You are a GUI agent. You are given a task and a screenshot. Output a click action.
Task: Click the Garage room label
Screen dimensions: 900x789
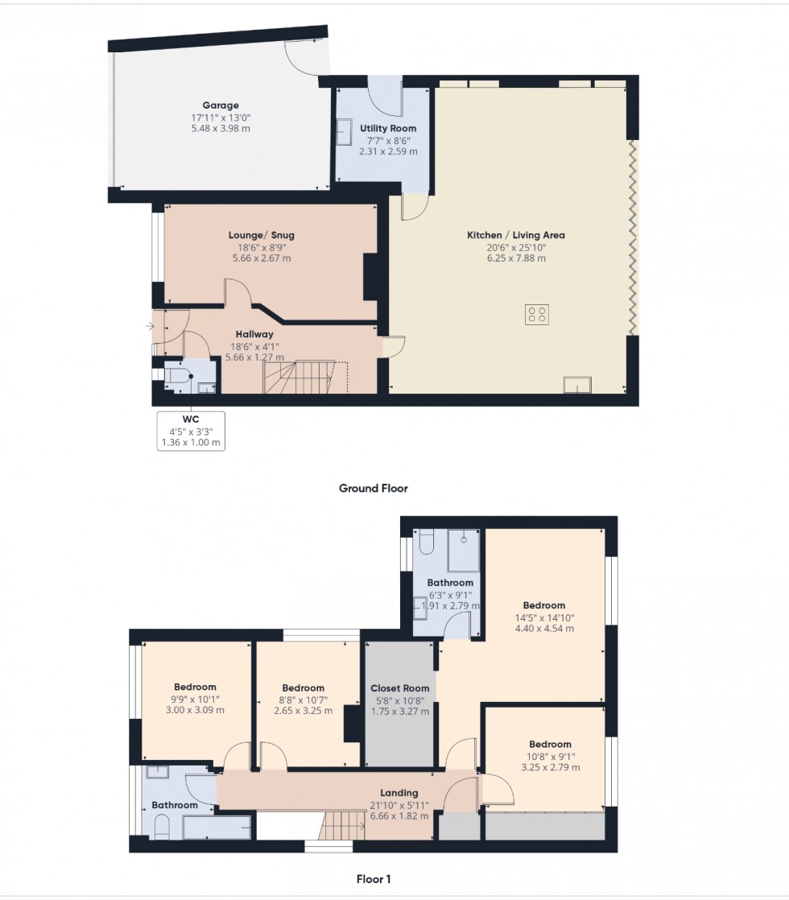pos(220,105)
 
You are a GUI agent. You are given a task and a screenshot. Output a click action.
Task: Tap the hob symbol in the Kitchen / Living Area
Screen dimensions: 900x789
pos(537,314)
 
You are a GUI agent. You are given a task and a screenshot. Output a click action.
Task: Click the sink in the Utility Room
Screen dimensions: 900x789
pos(344,130)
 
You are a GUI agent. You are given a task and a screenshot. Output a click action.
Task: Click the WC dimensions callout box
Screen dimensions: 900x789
pos(192,431)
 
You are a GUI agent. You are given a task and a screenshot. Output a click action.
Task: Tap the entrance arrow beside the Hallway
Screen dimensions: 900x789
pos(150,326)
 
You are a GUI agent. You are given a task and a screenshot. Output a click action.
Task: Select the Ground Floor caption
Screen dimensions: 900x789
pos(373,488)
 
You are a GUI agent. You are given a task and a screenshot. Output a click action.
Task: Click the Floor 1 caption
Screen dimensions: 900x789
pos(374,879)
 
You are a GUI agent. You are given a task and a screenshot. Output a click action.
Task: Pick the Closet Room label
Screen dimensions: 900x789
pos(400,688)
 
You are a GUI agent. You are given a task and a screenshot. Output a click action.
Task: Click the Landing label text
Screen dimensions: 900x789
pos(399,793)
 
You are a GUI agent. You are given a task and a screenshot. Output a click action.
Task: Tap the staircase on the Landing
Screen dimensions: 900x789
pos(337,826)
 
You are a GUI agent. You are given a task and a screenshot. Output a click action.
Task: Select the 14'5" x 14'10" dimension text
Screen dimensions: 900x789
pos(544,617)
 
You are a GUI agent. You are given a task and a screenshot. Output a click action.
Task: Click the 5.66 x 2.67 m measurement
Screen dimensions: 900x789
pos(260,258)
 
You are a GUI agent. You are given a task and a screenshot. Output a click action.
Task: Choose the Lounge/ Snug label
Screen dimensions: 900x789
pos(261,235)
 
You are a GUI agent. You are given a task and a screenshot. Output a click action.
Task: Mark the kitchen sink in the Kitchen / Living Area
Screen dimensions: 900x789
pos(576,385)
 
